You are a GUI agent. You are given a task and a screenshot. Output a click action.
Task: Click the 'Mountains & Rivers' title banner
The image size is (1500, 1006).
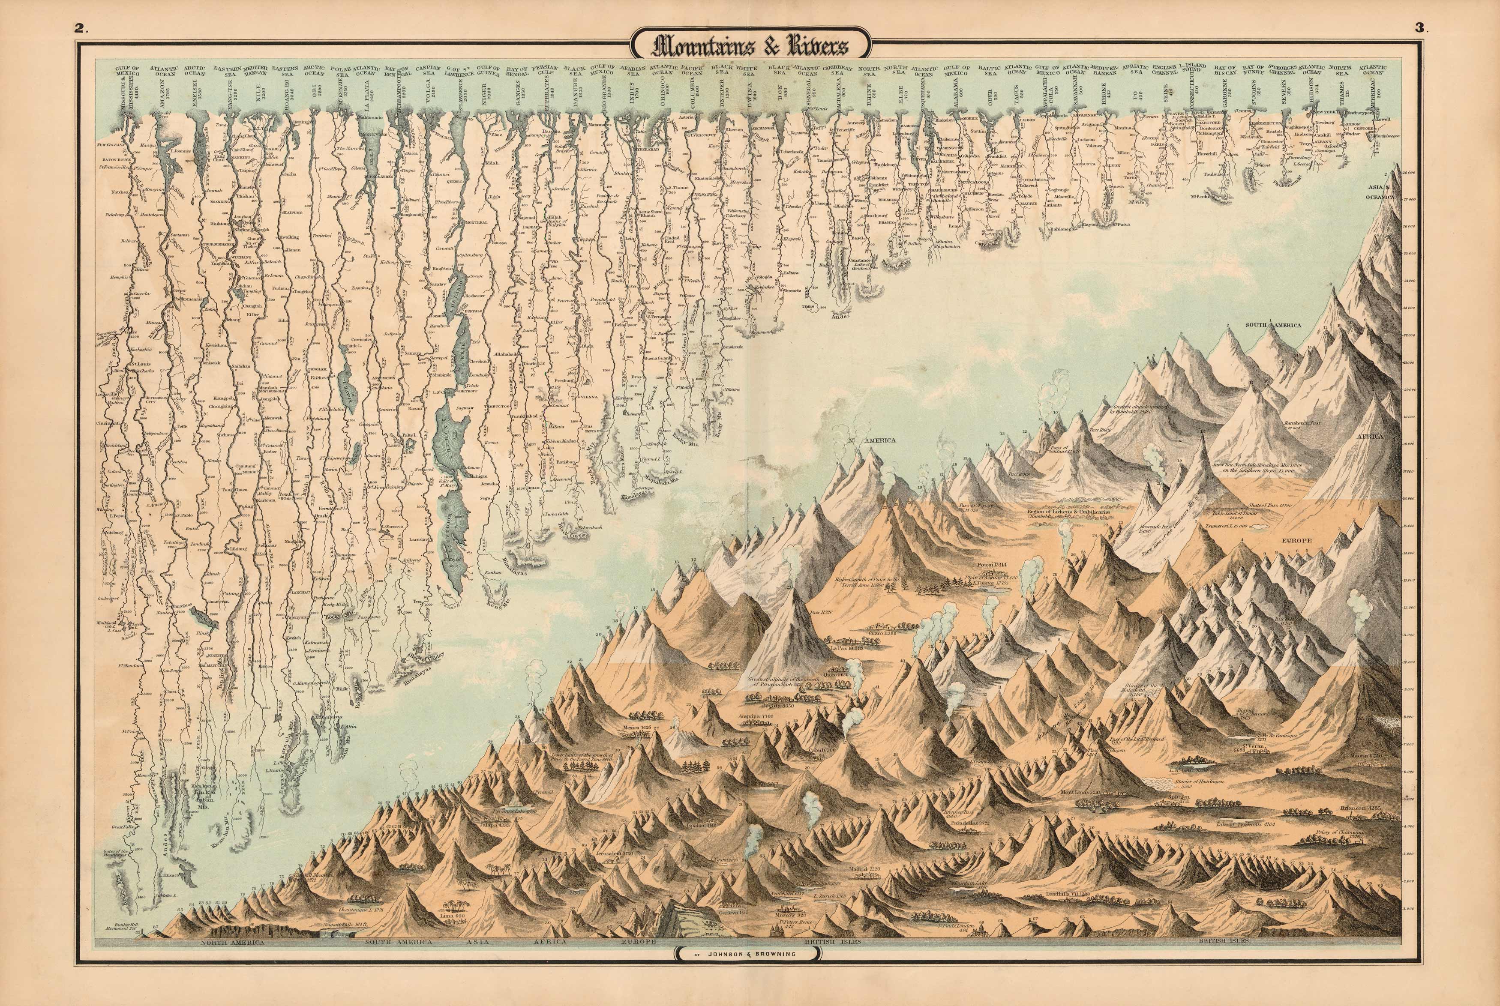coord(750,46)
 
